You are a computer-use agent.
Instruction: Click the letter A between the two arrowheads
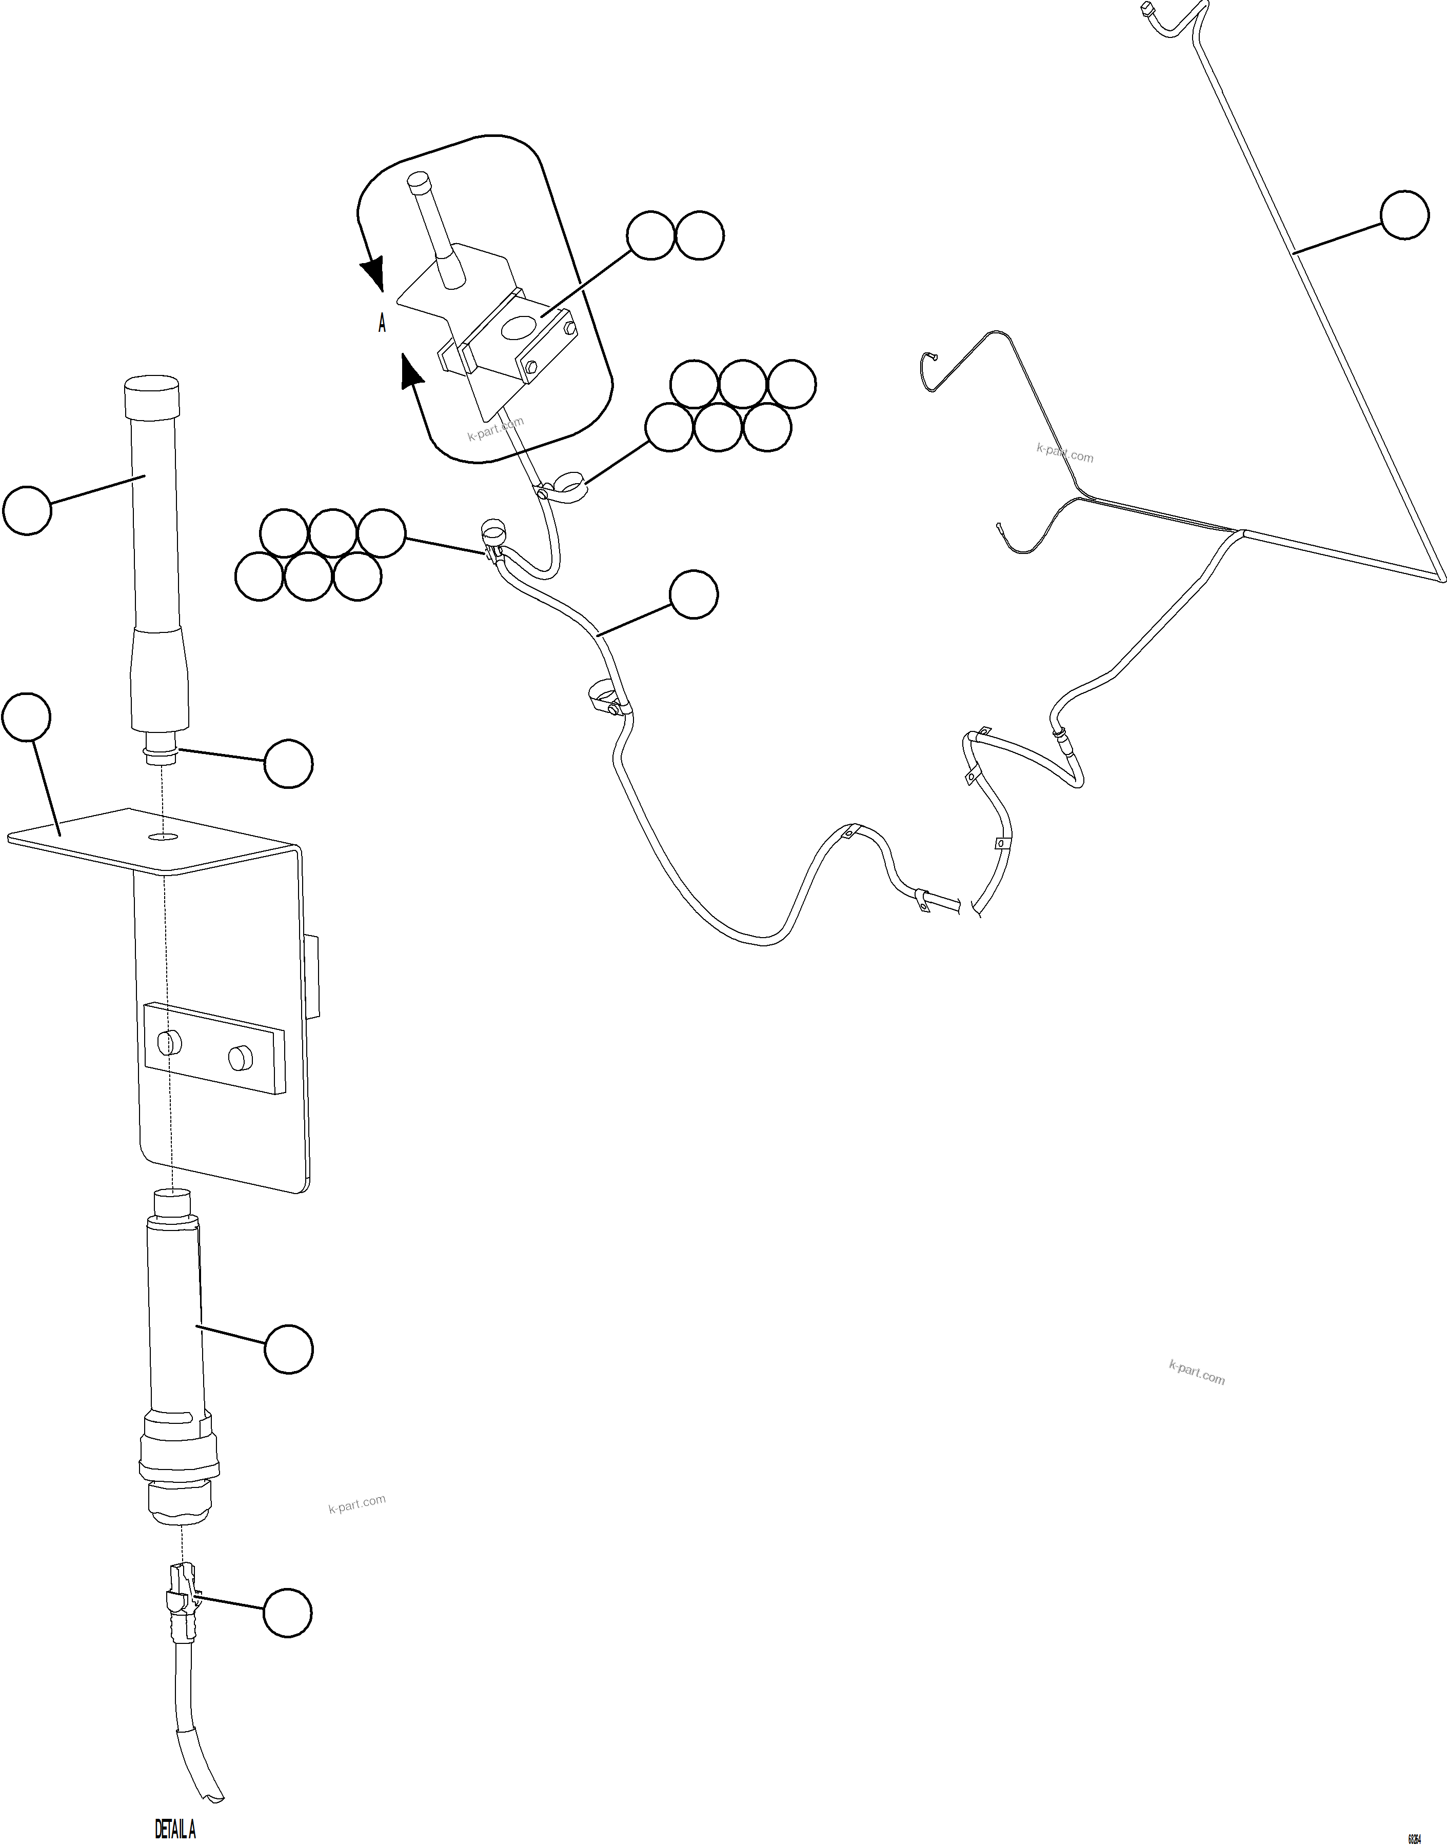click(382, 324)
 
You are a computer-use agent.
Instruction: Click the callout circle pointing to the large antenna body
click(27, 510)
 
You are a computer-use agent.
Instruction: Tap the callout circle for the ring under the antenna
click(288, 763)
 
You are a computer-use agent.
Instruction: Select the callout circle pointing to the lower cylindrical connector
click(288, 1348)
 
